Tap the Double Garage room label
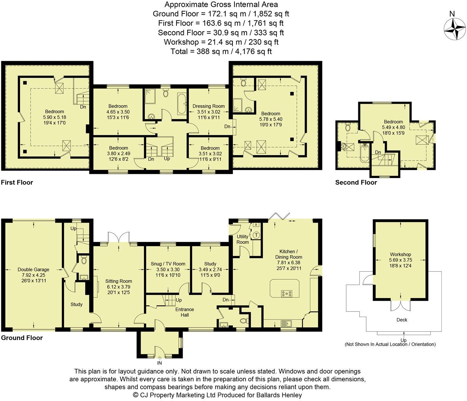(34, 270)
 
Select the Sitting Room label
(118, 281)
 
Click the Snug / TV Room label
(168, 264)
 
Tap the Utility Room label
(242, 239)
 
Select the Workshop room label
(400, 254)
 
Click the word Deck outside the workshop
(402, 320)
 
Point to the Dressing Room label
(209, 106)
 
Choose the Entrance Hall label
(184, 312)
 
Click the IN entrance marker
(160, 363)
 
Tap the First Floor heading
(17, 182)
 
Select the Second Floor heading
(356, 182)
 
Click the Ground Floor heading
(22, 338)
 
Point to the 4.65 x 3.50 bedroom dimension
(118, 112)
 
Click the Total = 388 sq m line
(221, 52)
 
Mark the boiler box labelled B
(256, 224)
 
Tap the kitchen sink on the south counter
(287, 324)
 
